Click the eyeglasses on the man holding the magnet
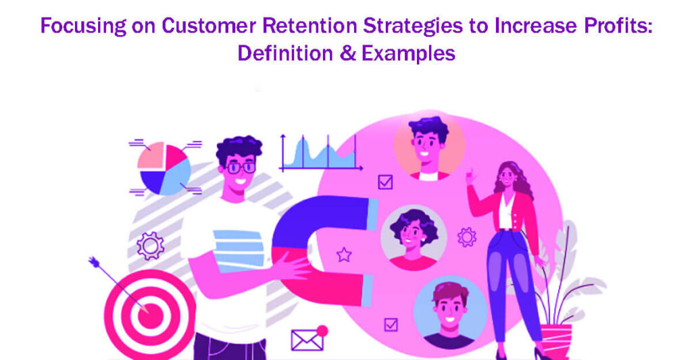point(240,167)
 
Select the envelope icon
point(307,340)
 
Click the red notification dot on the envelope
point(322,330)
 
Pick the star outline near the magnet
point(344,255)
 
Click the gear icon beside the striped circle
point(150,246)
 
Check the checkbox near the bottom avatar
point(390,325)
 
